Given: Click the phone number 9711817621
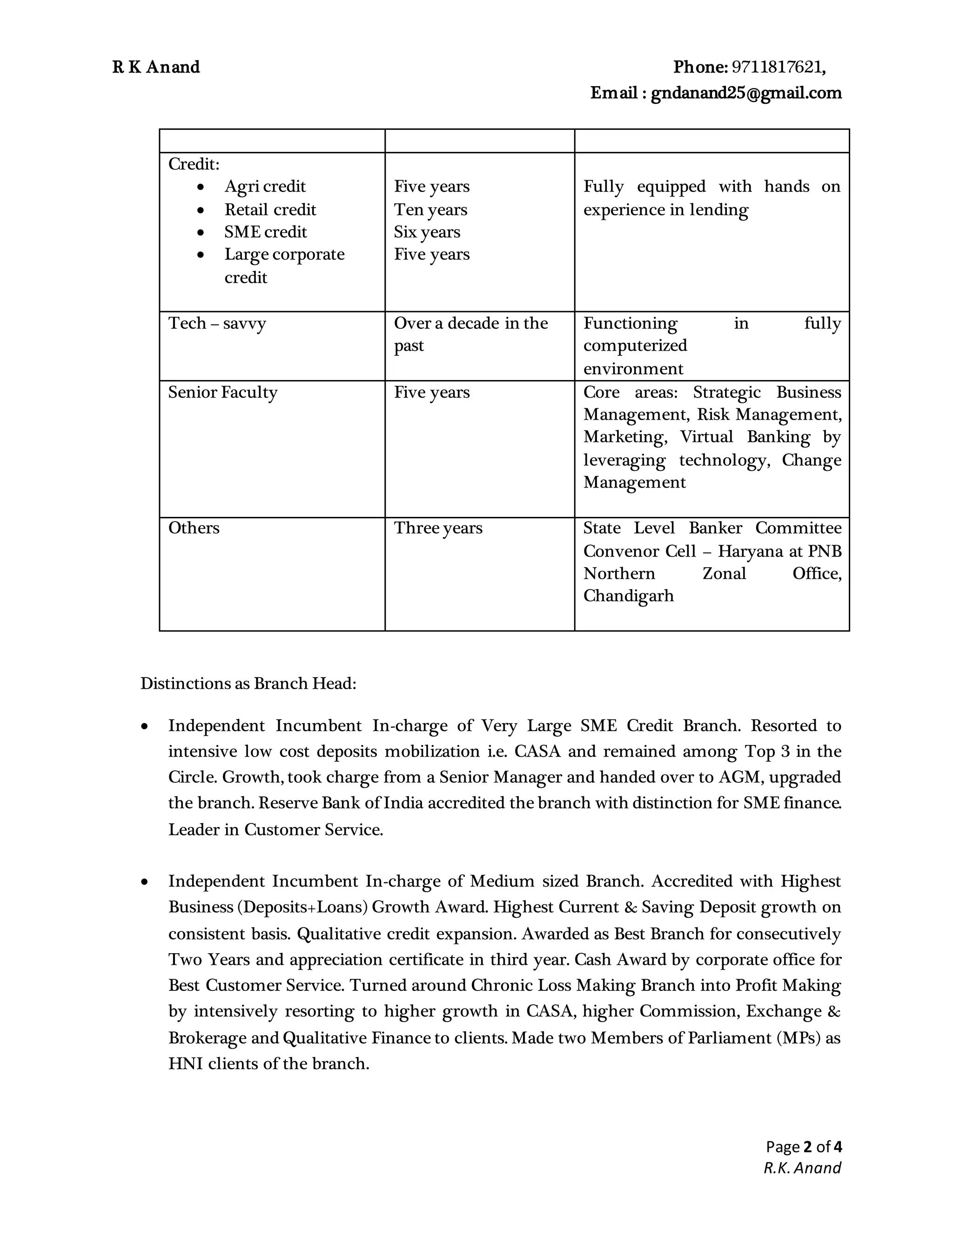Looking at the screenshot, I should point(778,67).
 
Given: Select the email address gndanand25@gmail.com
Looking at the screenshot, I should point(746,93).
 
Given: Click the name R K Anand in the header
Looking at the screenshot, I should point(156,67).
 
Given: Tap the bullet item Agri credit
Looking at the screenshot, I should point(265,186).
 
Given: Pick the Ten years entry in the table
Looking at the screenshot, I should point(430,210).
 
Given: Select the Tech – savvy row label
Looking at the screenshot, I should point(217,323).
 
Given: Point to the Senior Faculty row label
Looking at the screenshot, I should point(222,392).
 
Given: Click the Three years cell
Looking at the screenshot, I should point(437,528).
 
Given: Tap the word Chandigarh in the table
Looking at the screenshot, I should point(628,596).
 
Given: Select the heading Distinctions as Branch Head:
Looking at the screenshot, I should point(248,684).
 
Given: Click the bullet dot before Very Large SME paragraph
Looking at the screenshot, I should point(145,726).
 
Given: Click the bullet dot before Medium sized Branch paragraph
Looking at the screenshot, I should point(145,881).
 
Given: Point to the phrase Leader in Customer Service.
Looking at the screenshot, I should point(275,829).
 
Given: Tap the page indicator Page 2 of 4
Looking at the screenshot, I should point(803,1146).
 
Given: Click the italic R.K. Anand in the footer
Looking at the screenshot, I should point(802,1168).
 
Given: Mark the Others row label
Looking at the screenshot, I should point(194,528).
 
